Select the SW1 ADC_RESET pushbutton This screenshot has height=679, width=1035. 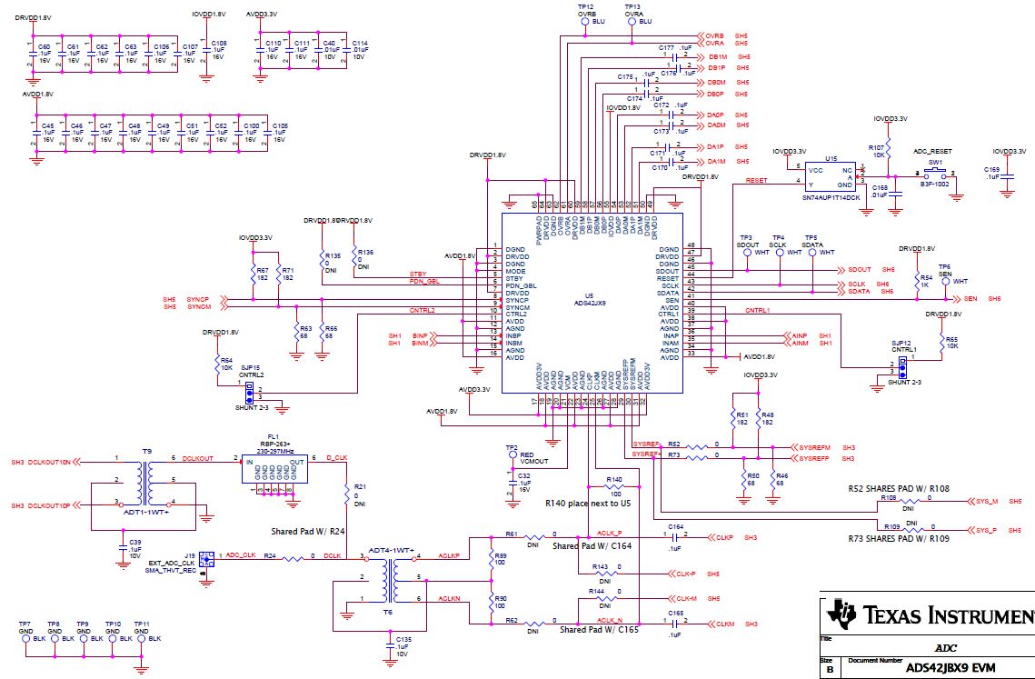click(x=933, y=174)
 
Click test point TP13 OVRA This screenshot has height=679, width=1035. click(x=632, y=21)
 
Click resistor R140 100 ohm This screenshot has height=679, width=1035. click(x=615, y=489)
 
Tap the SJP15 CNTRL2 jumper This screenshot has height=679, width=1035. click(x=248, y=391)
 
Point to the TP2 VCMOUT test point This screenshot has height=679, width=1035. click(x=513, y=454)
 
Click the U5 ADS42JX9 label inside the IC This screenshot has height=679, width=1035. click(x=590, y=300)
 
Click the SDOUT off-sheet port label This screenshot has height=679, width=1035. click(x=860, y=270)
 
